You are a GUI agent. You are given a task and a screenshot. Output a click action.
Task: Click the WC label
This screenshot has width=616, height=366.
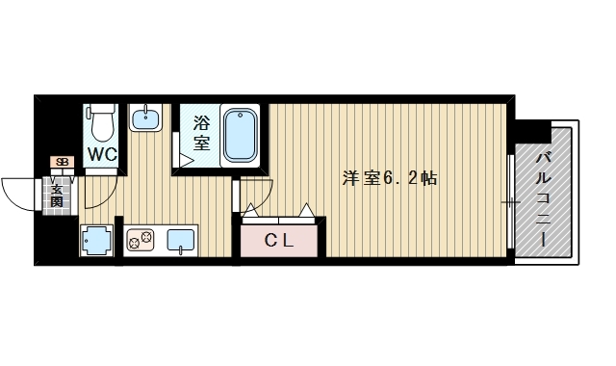(102, 154)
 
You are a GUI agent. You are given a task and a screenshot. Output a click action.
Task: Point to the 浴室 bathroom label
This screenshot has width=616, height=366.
(202, 133)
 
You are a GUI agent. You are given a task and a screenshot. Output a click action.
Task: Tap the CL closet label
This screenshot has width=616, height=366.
(279, 240)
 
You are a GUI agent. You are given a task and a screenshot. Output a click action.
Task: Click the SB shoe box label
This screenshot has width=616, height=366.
(63, 162)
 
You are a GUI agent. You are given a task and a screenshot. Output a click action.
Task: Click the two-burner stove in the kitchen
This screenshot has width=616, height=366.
(141, 239)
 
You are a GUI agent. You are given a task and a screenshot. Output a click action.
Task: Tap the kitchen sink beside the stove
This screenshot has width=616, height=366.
(183, 239)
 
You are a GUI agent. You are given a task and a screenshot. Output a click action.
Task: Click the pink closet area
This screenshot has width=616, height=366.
(279, 241)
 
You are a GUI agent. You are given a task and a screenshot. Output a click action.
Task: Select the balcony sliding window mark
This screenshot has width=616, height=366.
(511, 202)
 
